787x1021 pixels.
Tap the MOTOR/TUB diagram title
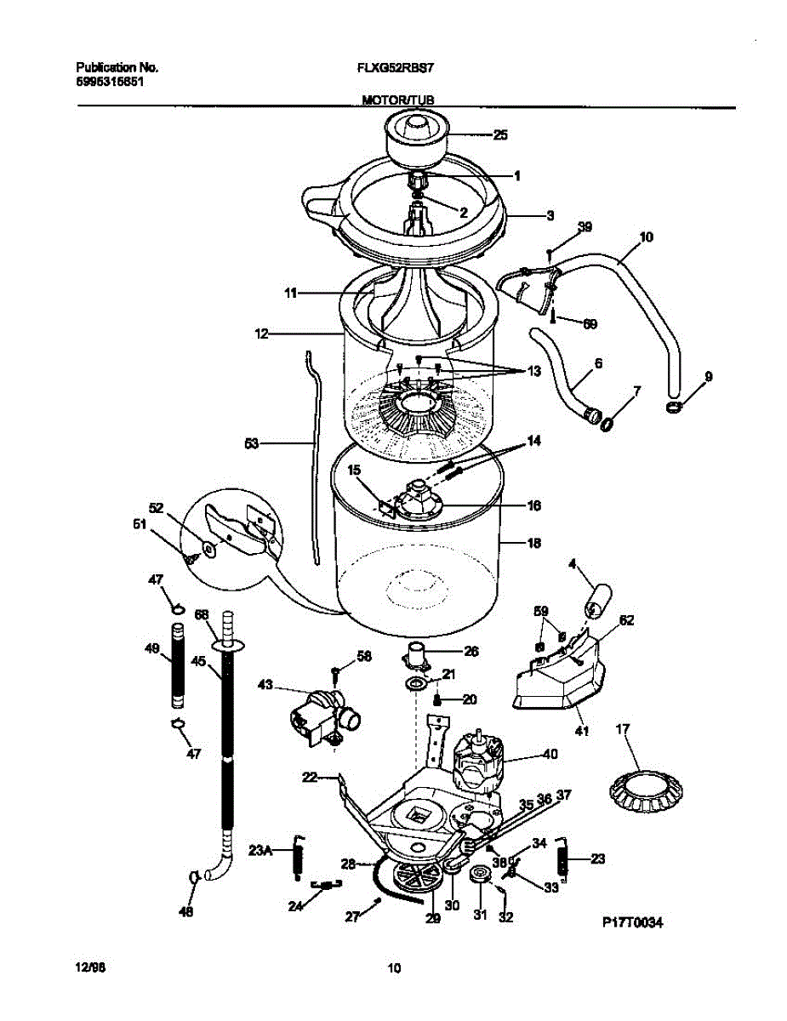click(398, 100)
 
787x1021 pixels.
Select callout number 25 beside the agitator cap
click(500, 134)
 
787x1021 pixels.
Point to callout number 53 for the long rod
click(251, 443)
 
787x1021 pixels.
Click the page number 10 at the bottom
click(393, 967)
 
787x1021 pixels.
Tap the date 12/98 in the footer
click(89, 967)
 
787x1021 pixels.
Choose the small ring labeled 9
click(675, 407)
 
